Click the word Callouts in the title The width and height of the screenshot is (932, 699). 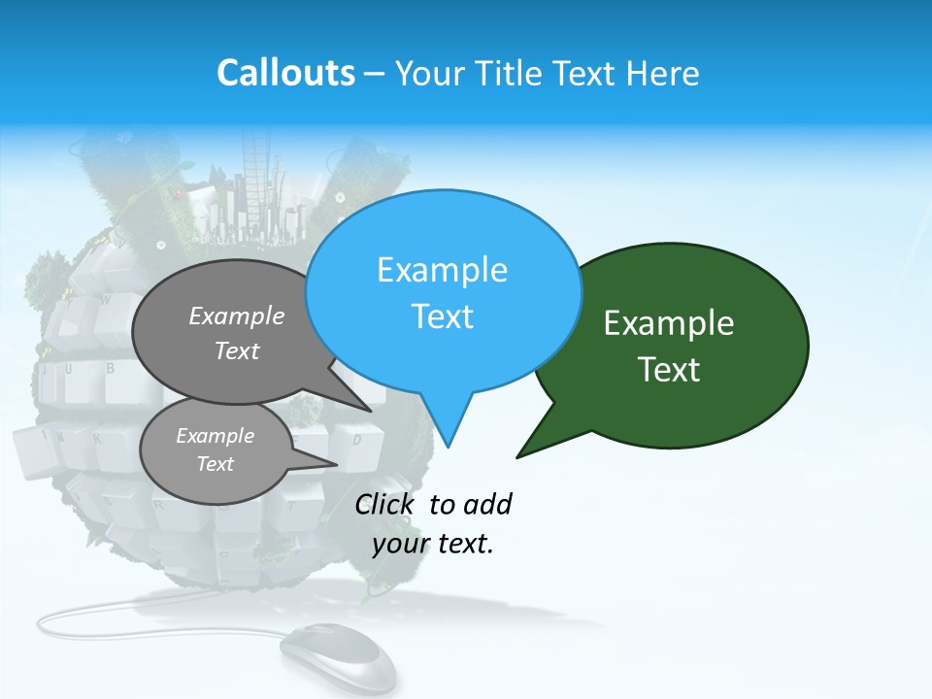285,73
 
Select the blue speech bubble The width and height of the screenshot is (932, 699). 443,291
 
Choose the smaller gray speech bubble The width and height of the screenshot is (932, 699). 216,449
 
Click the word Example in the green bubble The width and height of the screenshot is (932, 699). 669,323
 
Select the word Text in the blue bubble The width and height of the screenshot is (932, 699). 443,316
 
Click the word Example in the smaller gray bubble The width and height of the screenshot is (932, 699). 215,436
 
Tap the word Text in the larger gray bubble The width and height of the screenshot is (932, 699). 237,351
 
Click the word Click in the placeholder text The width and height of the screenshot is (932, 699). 385,504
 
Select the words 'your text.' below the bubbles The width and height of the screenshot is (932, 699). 433,544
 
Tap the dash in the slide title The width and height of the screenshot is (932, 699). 376,73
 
